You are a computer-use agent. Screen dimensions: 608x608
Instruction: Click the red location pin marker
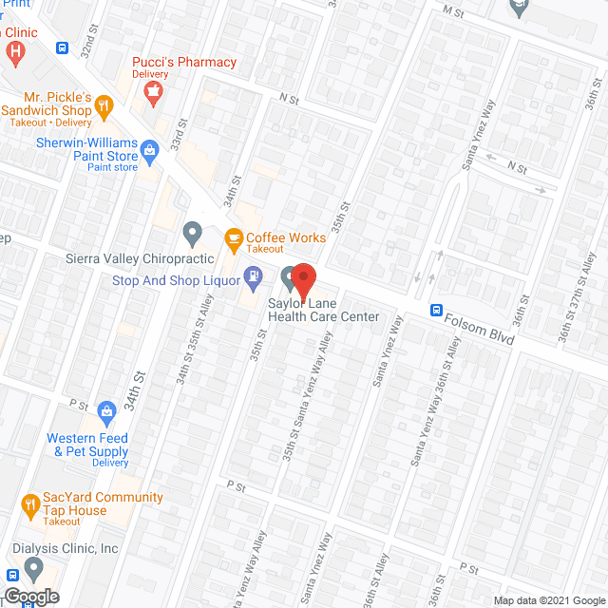[303, 277]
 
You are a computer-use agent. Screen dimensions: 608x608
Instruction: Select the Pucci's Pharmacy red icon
[152, 90]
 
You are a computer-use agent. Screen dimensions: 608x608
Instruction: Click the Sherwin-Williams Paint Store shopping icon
[150, 148]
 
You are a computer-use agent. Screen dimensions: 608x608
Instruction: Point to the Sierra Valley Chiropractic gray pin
[193, 232]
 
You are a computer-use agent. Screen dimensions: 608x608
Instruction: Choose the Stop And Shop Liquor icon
[253, 279]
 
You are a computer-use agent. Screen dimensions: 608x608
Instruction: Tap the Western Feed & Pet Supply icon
[106, 411]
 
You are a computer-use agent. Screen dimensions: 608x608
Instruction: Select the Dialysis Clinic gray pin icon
[35, 568]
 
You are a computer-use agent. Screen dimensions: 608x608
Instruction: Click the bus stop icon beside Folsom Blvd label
[436, 310]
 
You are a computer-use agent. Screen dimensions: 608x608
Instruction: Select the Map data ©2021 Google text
[546, 600]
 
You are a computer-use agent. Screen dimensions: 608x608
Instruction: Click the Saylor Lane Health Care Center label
[323, 310]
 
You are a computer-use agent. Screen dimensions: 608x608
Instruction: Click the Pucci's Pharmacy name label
[183, 62]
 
